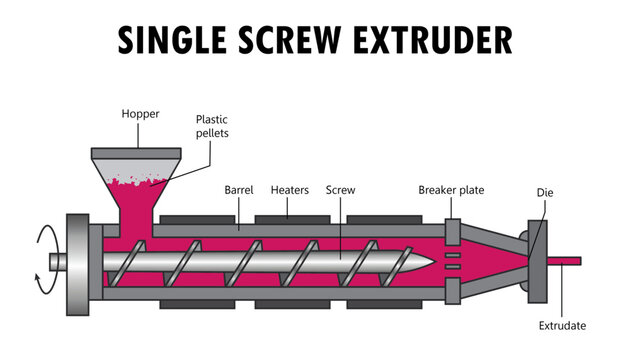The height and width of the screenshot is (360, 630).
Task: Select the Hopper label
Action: [x=140, y=115]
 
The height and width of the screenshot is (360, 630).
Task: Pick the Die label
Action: [x=546, y=193]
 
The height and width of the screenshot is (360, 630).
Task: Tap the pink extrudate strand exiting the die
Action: [x=565, y=261]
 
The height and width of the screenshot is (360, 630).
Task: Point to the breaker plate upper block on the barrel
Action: [x=451, y=229]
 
